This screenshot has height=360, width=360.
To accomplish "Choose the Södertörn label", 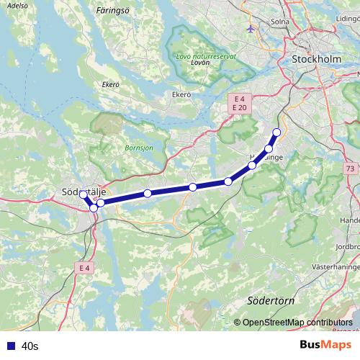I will (x=266, y=300).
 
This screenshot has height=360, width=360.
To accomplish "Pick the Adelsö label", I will (x=17, y=5).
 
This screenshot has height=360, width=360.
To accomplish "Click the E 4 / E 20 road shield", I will (x=239, y=102).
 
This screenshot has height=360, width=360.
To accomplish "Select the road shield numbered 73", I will (x=349, y=168).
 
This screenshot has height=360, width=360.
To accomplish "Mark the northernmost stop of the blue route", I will (x=276, y=132).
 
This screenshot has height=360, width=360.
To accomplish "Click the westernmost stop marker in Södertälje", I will (x=83, y=195).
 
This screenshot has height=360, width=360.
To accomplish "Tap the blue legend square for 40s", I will (x=10, y=346).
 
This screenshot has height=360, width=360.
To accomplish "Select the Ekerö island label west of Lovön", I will (x=110, y=84).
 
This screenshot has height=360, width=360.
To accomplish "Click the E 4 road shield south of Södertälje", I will (x=84, y=268).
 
